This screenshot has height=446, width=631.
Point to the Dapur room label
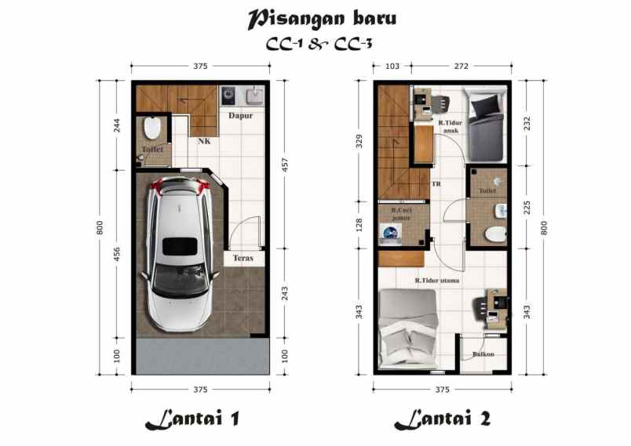(239, 116)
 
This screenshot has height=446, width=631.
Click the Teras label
(241, 257)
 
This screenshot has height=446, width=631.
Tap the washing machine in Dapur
(228, 96)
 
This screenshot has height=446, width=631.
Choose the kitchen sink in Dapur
(254, 97)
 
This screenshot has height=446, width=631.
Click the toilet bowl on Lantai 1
(152, 127)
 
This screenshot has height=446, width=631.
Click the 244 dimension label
(117, 125)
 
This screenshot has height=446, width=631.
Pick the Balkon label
(483, 354)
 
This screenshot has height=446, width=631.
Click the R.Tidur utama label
(438, 279)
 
